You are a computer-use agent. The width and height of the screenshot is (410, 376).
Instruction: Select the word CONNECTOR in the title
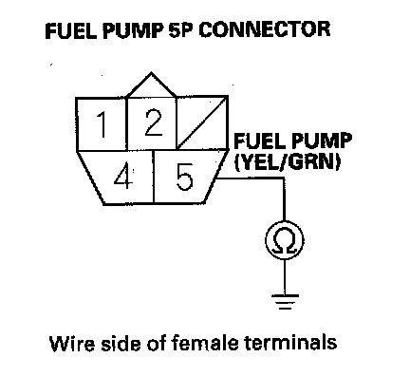point(265,29)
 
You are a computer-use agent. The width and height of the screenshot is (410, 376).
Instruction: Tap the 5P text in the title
point(180,30)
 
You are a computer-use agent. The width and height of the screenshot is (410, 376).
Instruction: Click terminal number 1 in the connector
point(102,124)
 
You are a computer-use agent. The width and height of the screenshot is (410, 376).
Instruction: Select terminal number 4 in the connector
point(122,178)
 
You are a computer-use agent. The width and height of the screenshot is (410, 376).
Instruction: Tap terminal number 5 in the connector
point(184,178)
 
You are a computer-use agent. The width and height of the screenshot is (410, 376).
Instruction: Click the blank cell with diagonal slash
point(202,122)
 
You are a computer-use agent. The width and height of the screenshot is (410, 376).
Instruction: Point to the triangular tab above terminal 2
point(151,85)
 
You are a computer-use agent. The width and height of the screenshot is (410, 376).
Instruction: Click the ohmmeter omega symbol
point(285,240)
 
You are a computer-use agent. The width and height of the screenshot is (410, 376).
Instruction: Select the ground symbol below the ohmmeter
point(285,302)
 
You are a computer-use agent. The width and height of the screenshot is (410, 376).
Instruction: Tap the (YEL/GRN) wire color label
point(288,162)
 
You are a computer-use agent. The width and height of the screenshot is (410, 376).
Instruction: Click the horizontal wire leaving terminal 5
point(251,179)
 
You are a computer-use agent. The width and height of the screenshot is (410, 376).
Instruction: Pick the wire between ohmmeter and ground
point(285,277)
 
